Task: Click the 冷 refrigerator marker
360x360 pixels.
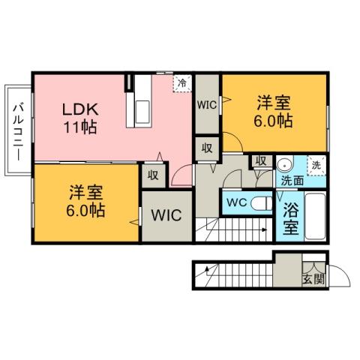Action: click(181, 82)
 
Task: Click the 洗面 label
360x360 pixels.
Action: click(292, 180)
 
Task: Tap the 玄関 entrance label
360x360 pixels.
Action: click(313, 279)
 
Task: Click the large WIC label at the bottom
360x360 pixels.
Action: click(166, 215)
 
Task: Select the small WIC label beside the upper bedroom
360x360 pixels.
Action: click(206, 105)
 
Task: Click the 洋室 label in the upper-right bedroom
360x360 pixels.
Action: click(275, 102)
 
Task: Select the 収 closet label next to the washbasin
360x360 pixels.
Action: click(260, 160)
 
